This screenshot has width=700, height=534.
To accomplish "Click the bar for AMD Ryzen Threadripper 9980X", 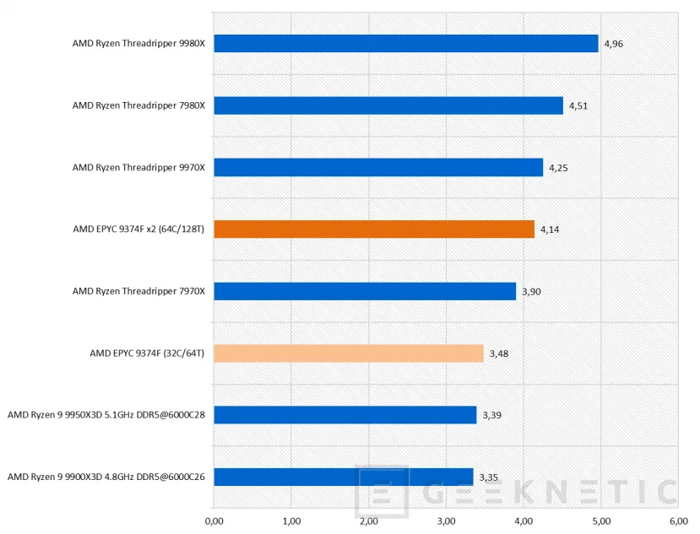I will (405, 44).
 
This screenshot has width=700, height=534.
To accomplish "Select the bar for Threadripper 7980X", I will (388, 105).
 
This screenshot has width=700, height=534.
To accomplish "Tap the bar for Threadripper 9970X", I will (378, 168).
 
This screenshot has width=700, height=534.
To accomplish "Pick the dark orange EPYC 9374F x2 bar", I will (374, 229).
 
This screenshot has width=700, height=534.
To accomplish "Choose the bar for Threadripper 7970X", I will (365, 291).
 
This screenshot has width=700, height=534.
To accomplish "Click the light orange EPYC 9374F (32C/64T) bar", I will (348, 353).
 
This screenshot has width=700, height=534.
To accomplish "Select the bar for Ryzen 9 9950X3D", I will (345, 415).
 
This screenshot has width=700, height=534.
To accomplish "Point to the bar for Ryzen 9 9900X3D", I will (343, 477).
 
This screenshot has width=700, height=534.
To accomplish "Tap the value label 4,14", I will (550, 229).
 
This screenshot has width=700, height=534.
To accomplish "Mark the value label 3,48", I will (499, 353).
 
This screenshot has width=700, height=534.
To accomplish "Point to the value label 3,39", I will (491, 415).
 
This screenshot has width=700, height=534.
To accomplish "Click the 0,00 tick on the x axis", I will (214, 521).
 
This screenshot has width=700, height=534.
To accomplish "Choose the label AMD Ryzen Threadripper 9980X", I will (138, 44).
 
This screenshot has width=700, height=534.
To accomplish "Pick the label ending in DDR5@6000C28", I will (106, 415).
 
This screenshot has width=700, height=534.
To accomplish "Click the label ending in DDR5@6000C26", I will (106, 477).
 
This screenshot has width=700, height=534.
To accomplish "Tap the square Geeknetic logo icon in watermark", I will (383, 492).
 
